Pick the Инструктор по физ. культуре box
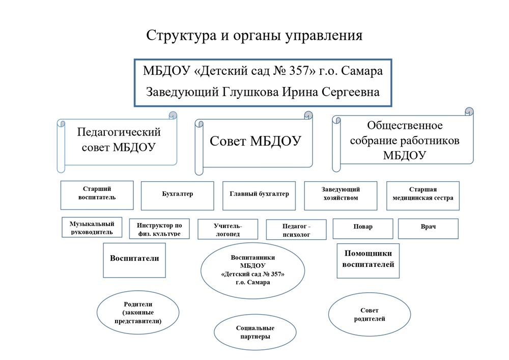click(x=159, y=229)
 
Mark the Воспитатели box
click(x=134, y=260)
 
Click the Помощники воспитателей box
click(x=368, y=260)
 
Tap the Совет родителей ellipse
click(x=370, y=315)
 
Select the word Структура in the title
click(x=180, y=36)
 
